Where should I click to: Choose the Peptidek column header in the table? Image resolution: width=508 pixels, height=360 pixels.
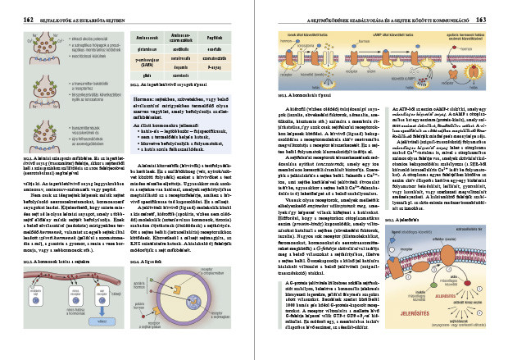tap(217, 38)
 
